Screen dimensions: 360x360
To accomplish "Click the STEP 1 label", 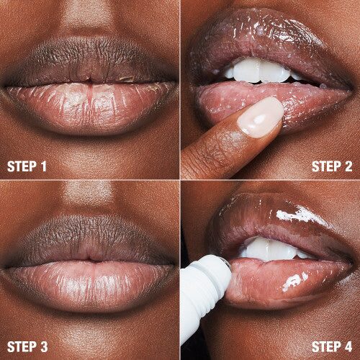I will (x=27, y=166).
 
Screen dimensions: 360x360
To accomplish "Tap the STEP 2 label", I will (x=331, y=166).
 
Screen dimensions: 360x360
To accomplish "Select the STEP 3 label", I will (x=27, y=346).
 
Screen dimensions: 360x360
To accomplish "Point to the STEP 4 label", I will (x=331, y=346).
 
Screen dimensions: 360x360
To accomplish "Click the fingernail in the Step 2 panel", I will (x=261, y=117).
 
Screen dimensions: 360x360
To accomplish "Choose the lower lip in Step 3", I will (x=90, y=284).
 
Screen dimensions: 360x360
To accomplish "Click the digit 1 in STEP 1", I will (x=43, y=166).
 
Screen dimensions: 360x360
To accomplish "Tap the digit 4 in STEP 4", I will (x=348, y=346).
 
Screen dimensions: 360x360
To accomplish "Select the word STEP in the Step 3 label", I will (x=22, y=346).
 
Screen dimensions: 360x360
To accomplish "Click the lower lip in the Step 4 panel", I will (x=288, y=277).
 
